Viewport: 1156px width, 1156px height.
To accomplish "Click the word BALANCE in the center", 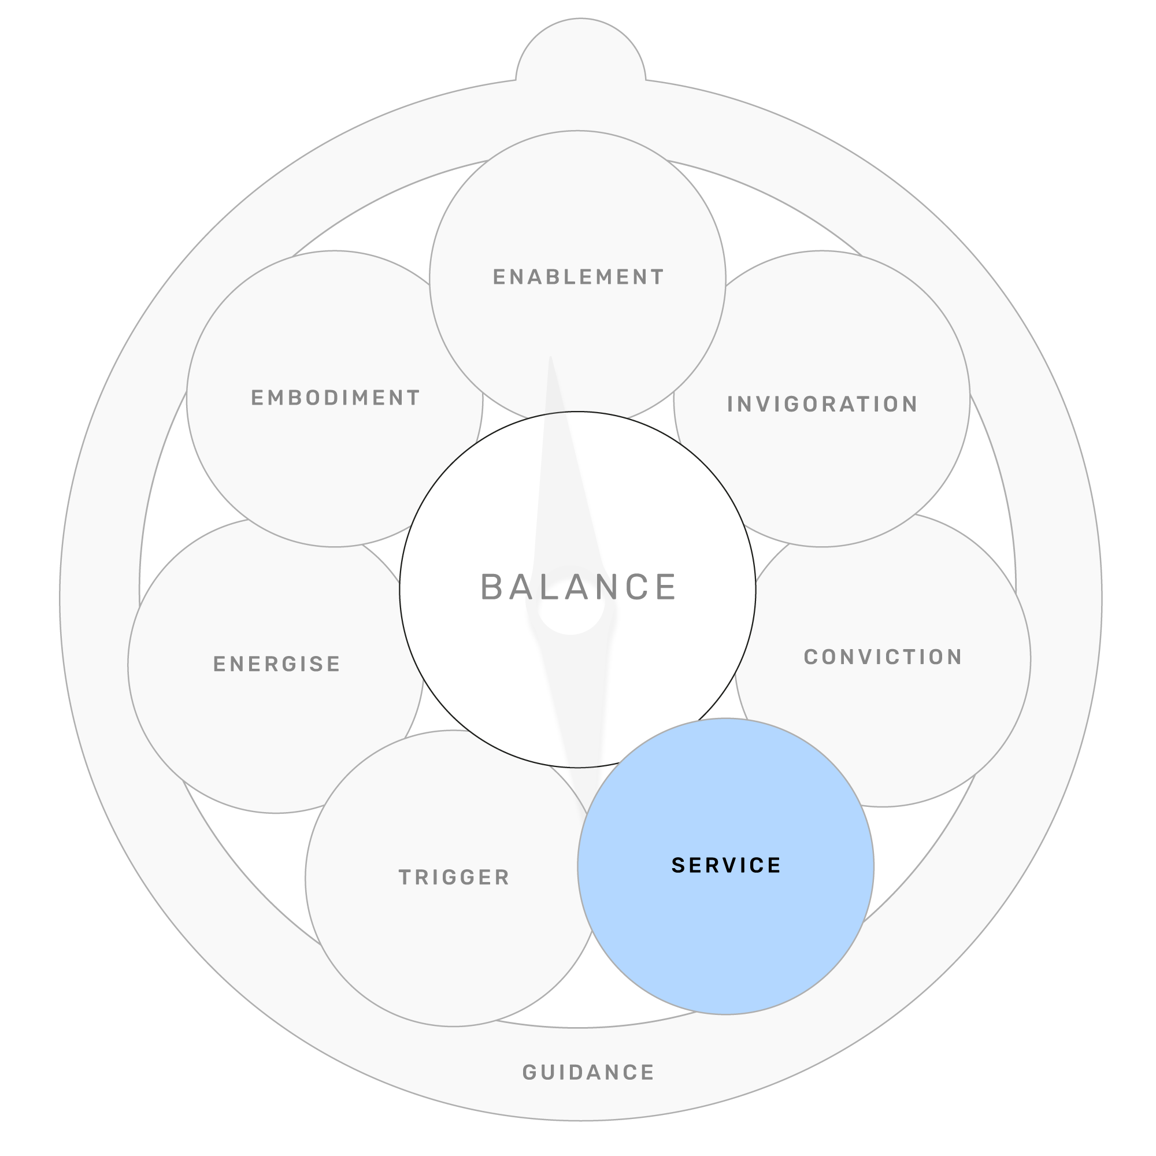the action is pos(578,587).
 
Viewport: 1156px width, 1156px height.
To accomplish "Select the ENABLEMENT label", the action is pos(578,277).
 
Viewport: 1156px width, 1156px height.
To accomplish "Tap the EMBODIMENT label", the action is pos(335,398).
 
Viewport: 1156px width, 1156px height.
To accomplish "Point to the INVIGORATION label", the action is pos(822,405).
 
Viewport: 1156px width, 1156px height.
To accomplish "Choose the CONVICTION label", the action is pos(883,657).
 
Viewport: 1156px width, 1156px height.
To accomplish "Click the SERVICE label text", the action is pos(726,865).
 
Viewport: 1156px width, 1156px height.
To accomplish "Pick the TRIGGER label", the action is pos(454,877).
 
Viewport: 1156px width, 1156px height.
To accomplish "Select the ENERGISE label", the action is pos(276,664).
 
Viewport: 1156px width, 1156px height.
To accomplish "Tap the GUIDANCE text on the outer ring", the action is pos(588,1072).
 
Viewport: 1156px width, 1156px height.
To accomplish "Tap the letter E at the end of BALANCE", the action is pos(665,587).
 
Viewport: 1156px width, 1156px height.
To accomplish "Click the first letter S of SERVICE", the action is pos(678,865).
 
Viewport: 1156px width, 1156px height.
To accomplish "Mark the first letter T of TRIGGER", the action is pos(405,877).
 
